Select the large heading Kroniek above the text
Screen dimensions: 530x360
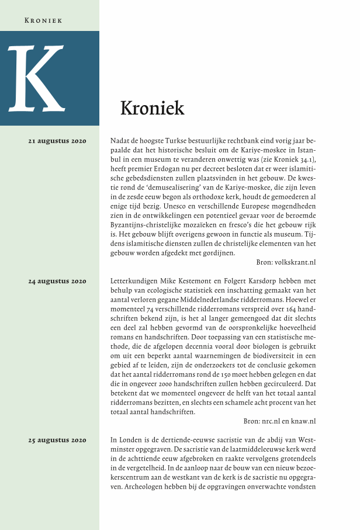click(x=152, y=108)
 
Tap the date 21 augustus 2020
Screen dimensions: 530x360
click(x=57, y=141)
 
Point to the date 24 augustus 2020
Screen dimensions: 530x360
click(x=57, y=281)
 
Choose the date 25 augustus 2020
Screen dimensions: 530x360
click(x=57, y=439)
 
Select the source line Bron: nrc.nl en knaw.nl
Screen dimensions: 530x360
click(x=279, y=421)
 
